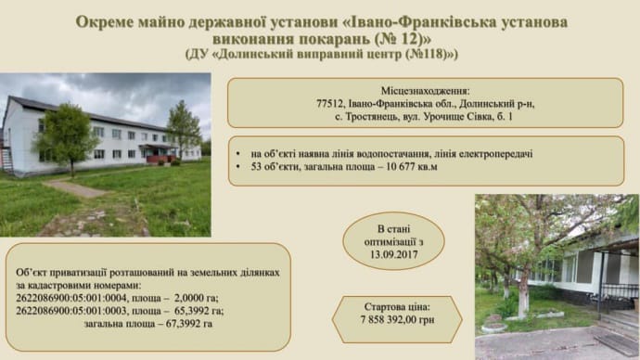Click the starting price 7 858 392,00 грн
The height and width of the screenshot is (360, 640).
(x=397, y=319)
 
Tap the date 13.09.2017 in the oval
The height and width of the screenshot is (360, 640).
(x=394, y=255)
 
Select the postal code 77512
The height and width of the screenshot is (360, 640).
(x=329, y=104)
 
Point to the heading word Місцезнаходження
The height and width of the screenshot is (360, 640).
(x=426, y=91)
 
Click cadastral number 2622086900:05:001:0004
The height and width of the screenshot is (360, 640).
(x=71, y=298)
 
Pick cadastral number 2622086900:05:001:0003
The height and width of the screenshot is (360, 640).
(x=71, y=311)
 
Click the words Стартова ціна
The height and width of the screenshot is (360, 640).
(x=397, y=306)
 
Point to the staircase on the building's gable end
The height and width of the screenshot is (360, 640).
(x=6, y=160)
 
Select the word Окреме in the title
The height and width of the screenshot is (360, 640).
(x=105, y=22)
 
